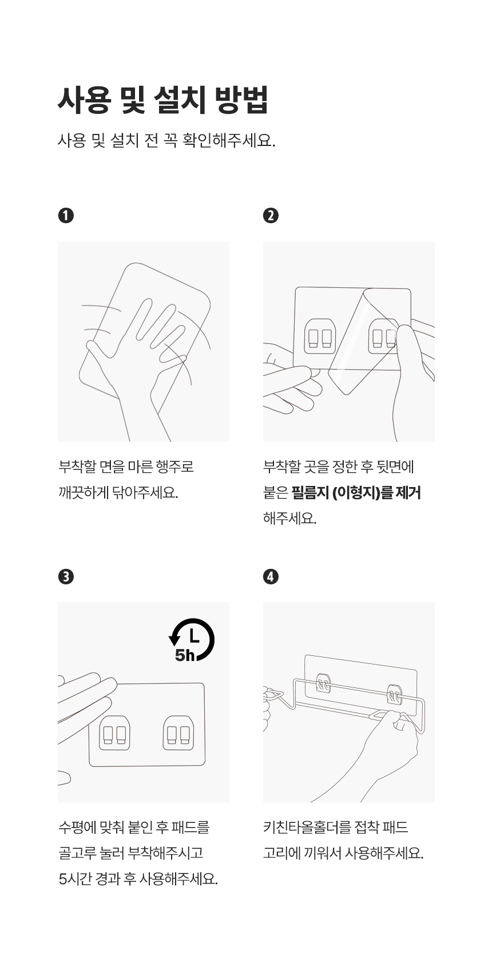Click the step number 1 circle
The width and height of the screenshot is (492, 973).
(66, 216)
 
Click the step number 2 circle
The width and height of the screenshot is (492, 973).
(271, 216)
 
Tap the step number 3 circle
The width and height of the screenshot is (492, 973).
(66, 577)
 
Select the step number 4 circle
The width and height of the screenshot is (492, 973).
(271, 577)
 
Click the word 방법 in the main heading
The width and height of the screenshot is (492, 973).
(241, 100)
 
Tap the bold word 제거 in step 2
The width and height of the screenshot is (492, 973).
(408, 493)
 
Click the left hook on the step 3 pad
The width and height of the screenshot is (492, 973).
(114, 733)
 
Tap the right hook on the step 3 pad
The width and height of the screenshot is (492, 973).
(178, 733)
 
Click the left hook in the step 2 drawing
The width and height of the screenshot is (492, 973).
(320, 336)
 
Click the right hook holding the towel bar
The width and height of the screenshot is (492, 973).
(395, 694)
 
